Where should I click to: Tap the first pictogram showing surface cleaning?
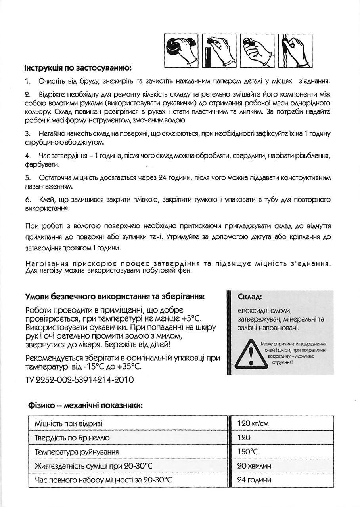point(182,51)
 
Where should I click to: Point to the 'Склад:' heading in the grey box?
point(250,297)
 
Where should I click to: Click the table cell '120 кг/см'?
point(253,423)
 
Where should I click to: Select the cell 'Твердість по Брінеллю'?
point(72,438)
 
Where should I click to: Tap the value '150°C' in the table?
point(247,452)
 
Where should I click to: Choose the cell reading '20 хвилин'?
point(254,466)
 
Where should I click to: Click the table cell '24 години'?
point(254,480)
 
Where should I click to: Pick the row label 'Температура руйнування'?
point(77,452)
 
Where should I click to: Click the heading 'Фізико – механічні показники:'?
point(85,406)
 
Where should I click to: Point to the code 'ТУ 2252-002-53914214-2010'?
point(79,380)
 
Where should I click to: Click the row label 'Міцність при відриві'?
point(69,423)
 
